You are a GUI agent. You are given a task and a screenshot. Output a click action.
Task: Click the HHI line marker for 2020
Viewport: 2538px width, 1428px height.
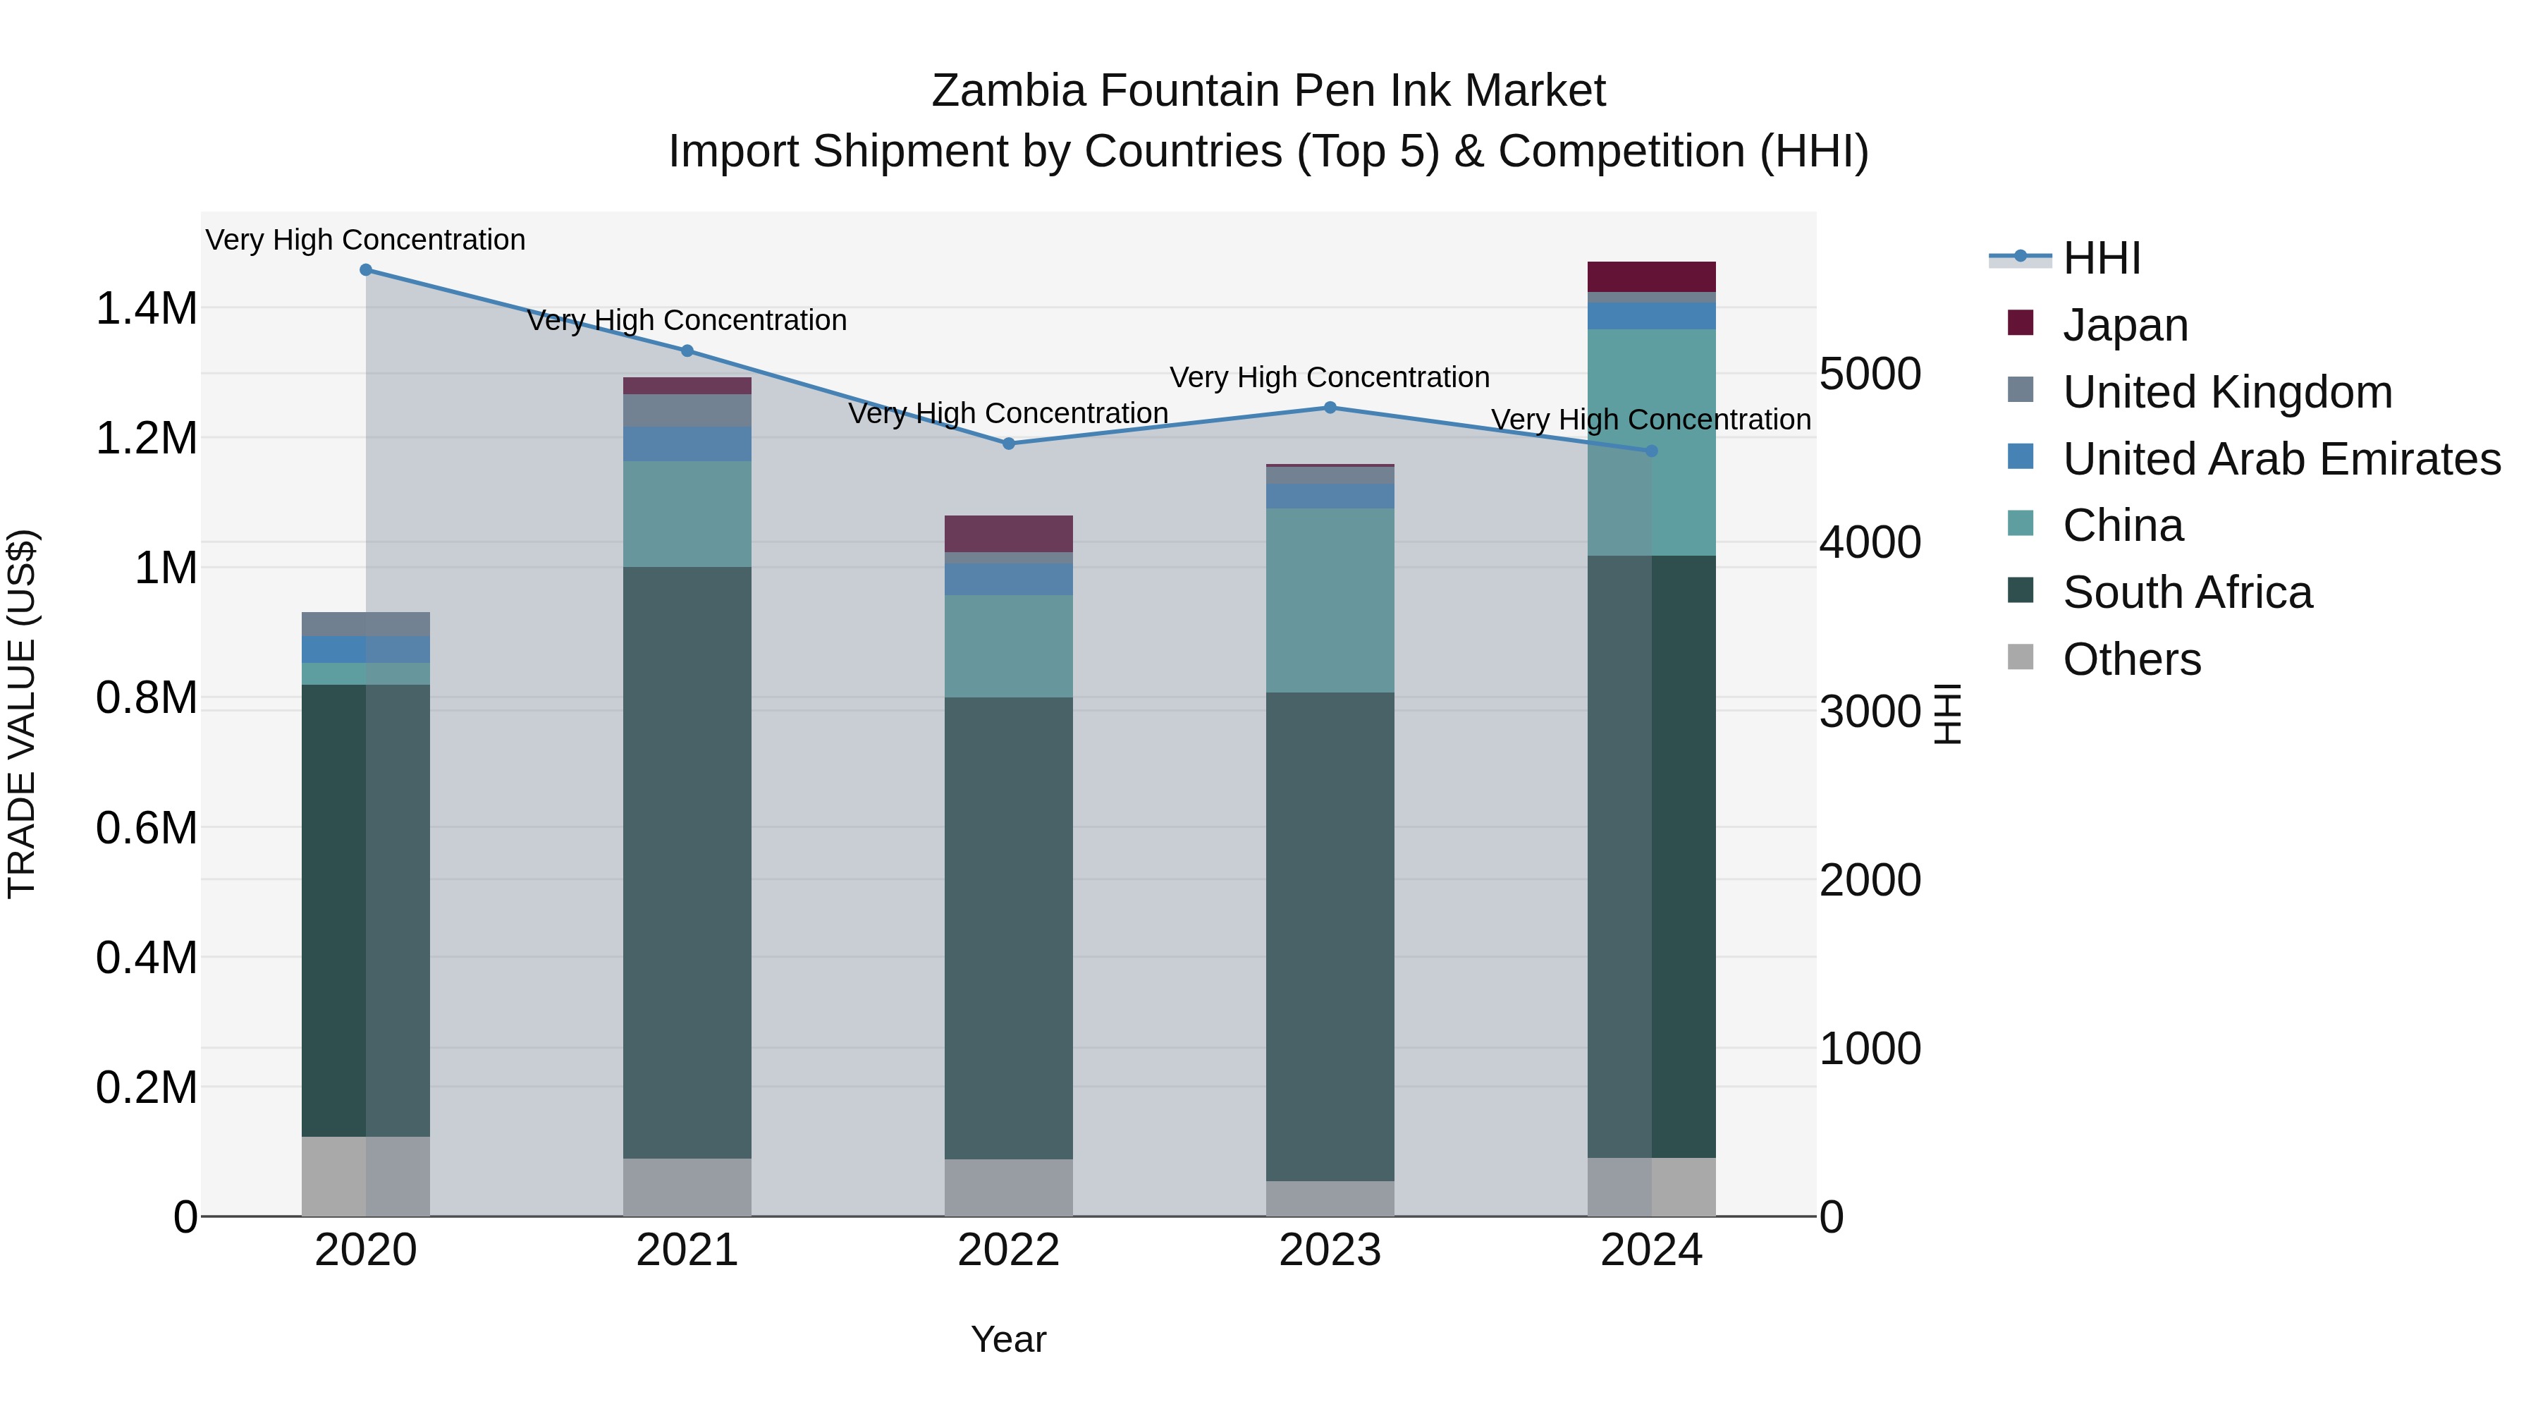365,270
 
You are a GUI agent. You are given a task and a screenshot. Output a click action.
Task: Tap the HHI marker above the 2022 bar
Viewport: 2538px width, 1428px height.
1008,444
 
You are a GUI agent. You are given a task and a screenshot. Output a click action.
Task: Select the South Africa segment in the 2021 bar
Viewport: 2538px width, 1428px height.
687,862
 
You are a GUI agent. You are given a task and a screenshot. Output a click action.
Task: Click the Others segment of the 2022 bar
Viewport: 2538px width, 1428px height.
1008,1188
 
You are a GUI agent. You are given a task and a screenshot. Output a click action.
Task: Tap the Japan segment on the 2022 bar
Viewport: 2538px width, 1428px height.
1008,533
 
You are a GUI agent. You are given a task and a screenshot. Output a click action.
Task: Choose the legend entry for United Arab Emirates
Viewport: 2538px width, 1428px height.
2280,459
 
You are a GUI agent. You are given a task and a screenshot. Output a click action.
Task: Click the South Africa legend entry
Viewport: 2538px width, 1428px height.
2186,593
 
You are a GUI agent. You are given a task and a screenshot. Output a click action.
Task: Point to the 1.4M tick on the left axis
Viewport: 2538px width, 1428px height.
146,308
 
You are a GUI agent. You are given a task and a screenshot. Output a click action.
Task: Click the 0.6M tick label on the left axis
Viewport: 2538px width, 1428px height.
146,828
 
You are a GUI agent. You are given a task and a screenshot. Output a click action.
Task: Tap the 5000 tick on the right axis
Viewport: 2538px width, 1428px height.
1869,374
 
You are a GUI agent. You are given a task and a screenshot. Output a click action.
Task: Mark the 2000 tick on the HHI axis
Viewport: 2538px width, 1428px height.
1869,880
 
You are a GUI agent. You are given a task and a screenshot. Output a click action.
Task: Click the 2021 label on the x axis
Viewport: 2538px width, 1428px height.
687,1250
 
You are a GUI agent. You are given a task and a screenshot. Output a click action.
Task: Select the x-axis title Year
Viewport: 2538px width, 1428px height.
1008,1339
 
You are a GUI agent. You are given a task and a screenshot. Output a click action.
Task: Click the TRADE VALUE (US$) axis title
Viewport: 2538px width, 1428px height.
22,714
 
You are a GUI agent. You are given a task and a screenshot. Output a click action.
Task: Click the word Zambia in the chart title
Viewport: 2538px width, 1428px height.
1008,91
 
